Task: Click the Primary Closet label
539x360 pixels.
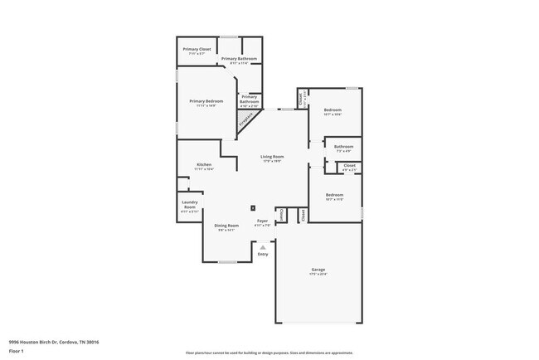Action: click(197, 50)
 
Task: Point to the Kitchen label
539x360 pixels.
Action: click(204, 165)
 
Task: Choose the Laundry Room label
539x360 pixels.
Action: click(189, 205)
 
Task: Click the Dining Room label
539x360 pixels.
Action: click(226, 226)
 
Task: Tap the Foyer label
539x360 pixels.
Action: click(262, 221)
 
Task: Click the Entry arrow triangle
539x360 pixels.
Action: click(263, 246)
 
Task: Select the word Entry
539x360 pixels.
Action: click(263, 254)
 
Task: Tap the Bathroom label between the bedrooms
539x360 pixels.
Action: click(343, 147)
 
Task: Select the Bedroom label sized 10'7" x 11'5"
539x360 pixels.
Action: click(334, 195)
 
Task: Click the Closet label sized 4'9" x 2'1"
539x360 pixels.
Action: click(349, 166)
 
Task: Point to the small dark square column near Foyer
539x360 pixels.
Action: click(253, 207)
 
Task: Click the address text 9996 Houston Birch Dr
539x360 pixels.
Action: click(48, 341)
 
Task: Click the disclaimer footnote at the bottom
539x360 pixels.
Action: click(269, 353)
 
